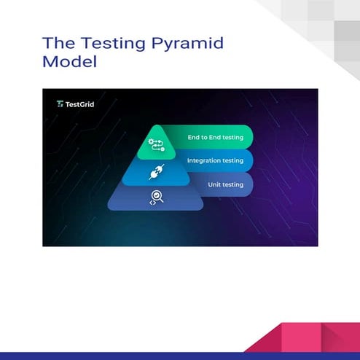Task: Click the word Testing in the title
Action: [100, 44]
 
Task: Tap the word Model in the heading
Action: [70, 62]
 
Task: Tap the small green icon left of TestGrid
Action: [60, 104]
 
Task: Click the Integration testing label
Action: [215, 160]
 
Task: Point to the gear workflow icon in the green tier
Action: [156, 144]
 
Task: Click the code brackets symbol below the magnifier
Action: [152, 203]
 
